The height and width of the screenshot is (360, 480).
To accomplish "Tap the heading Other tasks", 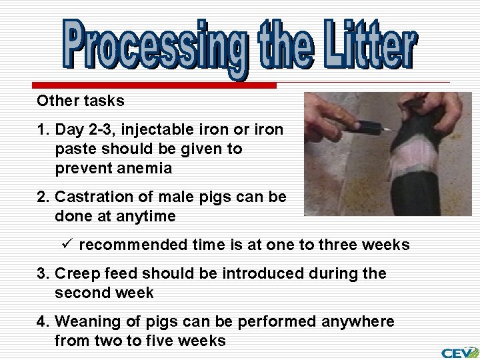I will [81, 101].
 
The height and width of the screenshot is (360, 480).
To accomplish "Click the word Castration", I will [90, 197].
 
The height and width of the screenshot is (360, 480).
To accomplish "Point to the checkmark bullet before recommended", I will [67, 245].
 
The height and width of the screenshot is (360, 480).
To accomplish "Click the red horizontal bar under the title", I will [153, 86].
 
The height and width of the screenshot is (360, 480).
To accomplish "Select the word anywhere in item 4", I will [358, 322].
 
